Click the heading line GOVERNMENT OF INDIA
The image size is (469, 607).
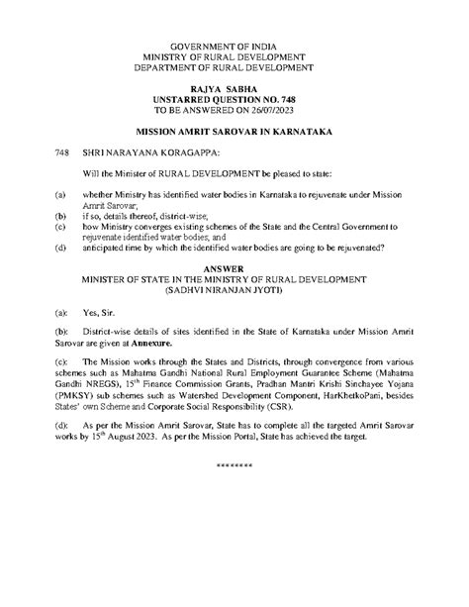pyautogui.click(x=234, y=48)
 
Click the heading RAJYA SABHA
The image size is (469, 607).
pyautogui.click(x=234, y=89)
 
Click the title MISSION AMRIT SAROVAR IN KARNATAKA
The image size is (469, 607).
pyautogui.click(x=234, y=132)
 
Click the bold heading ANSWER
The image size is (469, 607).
pyautogui.click(x=234, y=268)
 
